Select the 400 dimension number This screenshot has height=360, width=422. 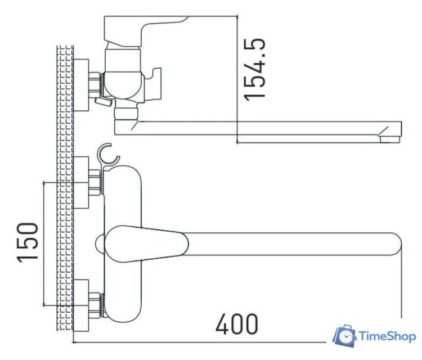[237, 325]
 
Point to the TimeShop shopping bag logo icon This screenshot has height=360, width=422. [344, 336]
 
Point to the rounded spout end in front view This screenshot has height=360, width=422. [394, 243]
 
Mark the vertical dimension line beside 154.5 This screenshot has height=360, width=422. [238, 79]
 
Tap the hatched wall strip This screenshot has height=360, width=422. [66, 197]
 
